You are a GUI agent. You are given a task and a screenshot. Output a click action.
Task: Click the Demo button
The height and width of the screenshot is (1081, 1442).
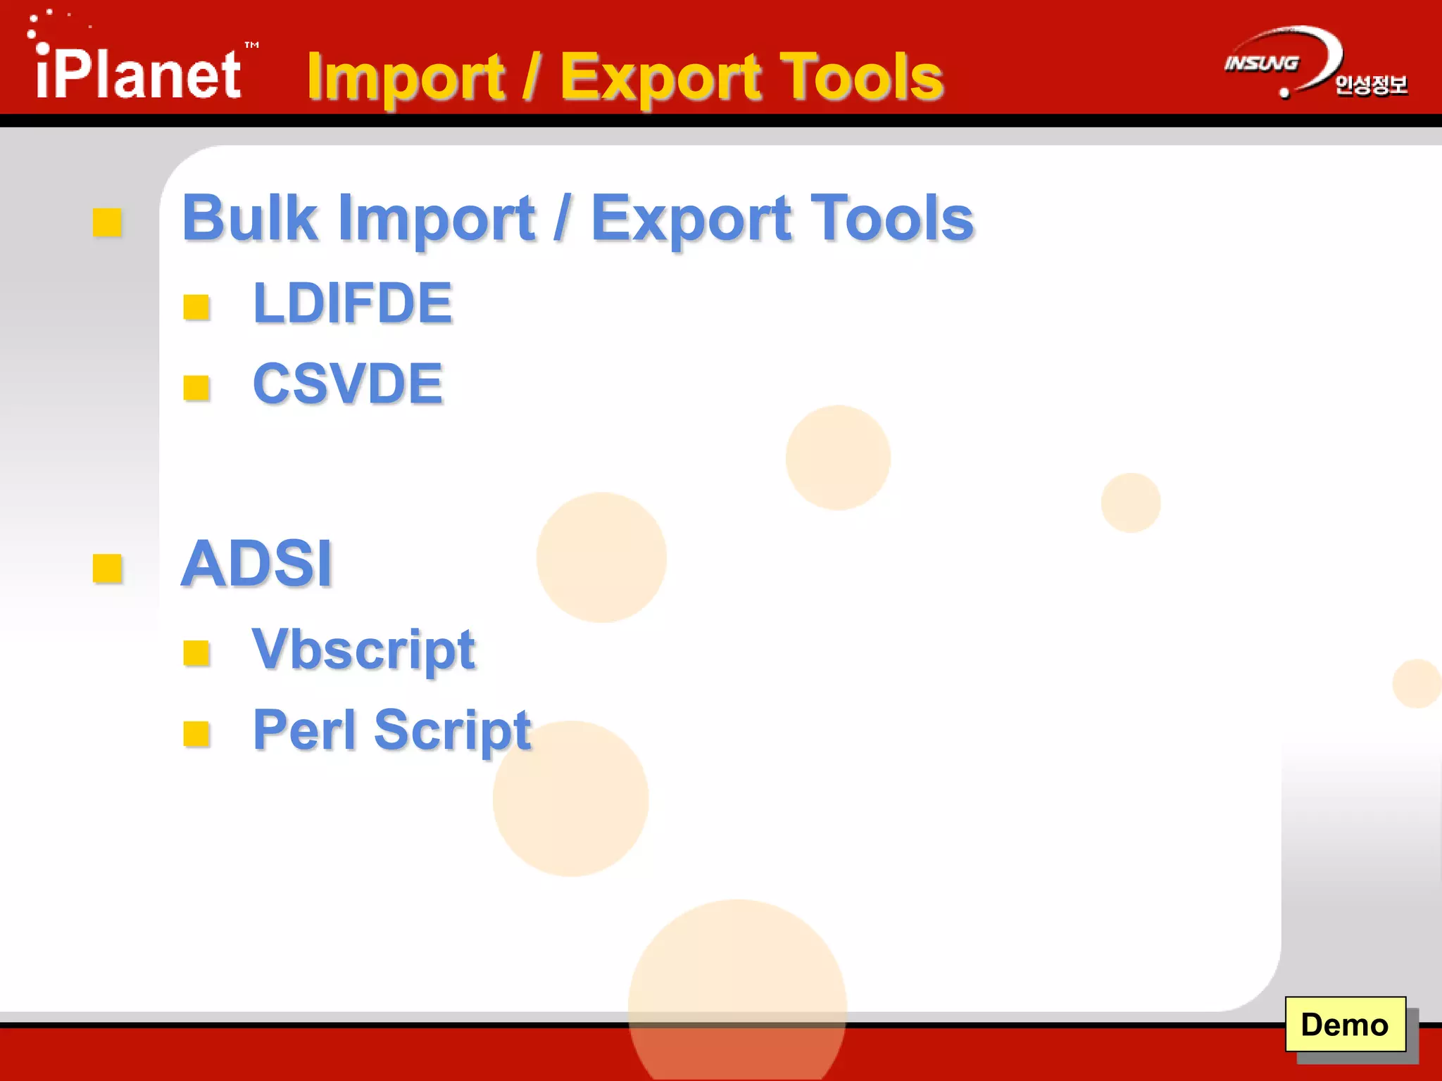[x=1345, y=1025]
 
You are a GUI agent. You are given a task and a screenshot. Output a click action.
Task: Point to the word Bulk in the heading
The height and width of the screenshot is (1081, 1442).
[x=249, y=218]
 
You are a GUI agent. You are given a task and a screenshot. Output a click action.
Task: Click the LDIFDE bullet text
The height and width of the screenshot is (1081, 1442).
[x=352, y=303]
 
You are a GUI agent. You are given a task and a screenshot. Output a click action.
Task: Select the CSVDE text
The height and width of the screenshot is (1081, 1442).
[x=348, y=384]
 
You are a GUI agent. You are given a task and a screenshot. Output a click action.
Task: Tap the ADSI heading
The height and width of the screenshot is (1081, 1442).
[x=257, y=563]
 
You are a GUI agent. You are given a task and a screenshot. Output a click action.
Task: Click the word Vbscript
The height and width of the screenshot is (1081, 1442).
[x=363, y=649]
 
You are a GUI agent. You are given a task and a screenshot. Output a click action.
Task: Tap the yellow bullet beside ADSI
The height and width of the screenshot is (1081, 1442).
[x=108, y=569]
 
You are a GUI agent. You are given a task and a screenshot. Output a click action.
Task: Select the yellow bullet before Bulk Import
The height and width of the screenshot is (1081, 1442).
[x=108, y=222]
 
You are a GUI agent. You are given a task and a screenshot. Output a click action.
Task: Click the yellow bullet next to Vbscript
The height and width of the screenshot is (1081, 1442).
[x=196, y=653]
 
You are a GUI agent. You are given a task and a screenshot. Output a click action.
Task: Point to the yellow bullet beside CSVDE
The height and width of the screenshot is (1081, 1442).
[x=196, y=388]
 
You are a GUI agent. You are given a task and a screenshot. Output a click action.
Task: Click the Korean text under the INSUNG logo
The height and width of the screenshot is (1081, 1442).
[x=1371, y=85]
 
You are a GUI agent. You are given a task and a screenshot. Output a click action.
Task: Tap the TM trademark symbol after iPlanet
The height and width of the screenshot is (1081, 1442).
[x=251, y=45]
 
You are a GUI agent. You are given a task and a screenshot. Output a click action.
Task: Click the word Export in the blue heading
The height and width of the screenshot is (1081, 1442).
[x=691, y=218]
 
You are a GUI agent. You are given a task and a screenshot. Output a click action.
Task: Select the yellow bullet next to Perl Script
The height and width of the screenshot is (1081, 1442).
[x=196, y=734]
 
